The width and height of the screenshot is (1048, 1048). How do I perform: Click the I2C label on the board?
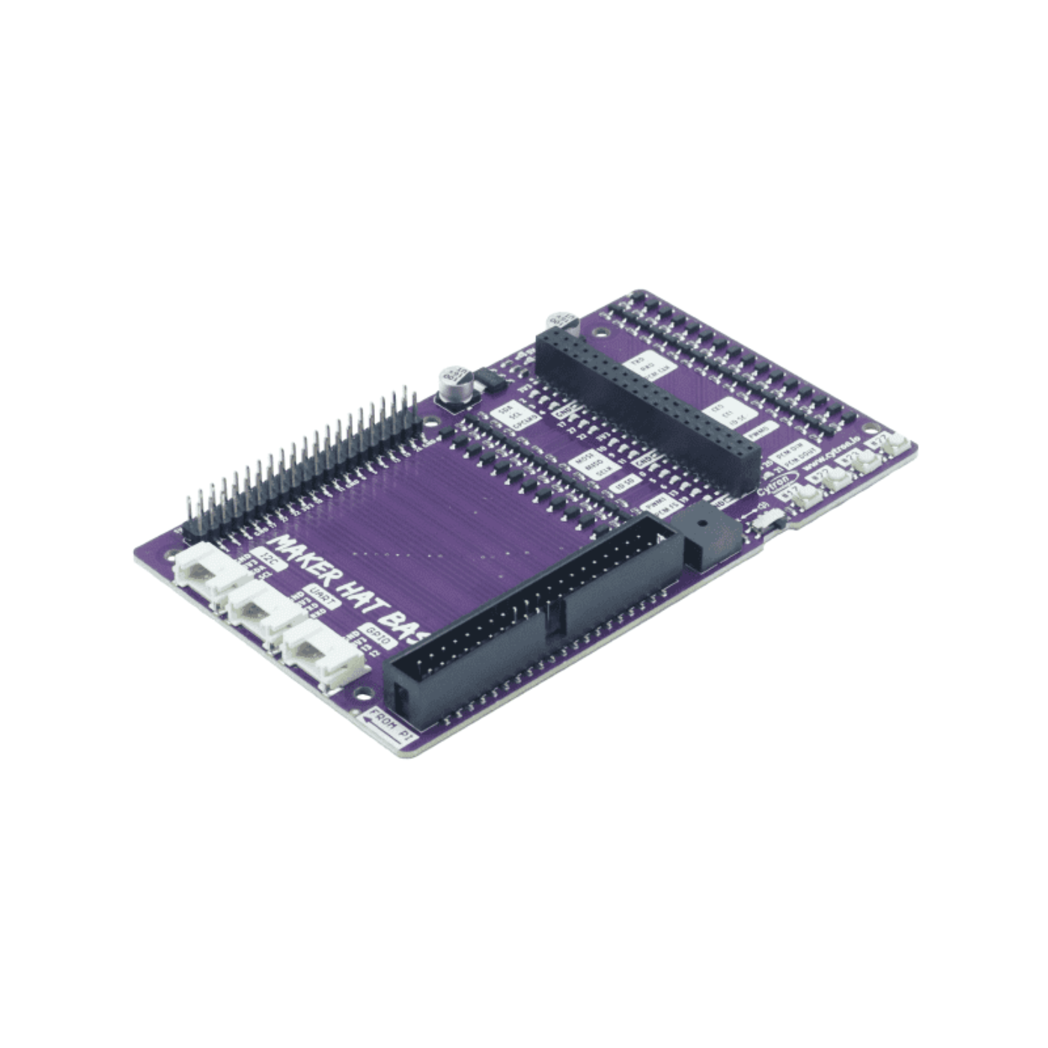(270, 560)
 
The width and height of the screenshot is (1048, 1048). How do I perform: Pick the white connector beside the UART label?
(263, 610)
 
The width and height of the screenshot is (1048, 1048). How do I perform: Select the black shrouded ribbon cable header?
(524, 621)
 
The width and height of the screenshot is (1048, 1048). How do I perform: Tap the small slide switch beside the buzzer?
(764, 519)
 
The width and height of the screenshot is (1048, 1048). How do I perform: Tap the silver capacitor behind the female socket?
(561, 323)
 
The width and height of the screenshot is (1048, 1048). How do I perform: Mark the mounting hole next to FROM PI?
(362, 692)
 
